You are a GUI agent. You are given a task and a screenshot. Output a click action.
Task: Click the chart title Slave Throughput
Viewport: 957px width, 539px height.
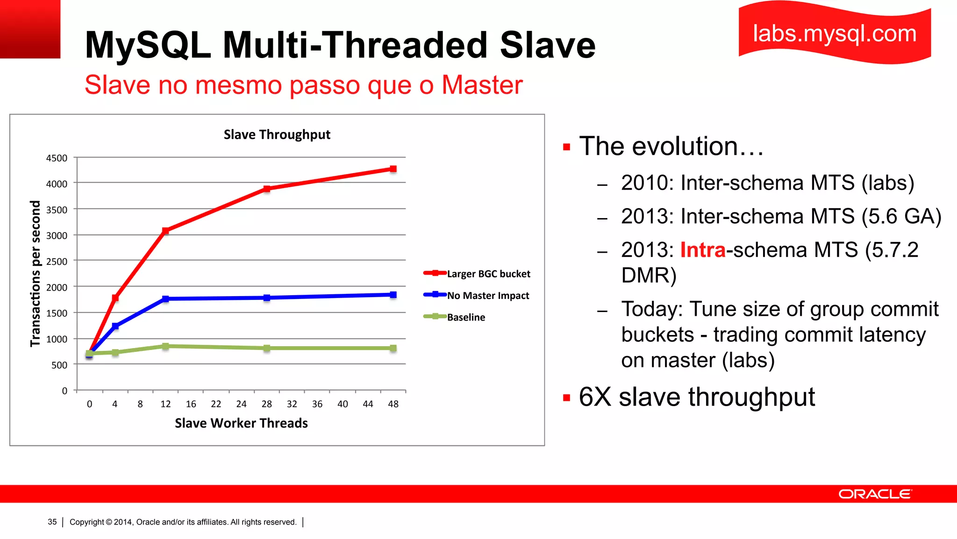point(277,135)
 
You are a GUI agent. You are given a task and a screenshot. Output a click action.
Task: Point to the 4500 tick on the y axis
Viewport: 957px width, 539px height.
point(57,158)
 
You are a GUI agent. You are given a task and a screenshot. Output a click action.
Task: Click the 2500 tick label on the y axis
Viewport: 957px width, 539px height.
point(57,262)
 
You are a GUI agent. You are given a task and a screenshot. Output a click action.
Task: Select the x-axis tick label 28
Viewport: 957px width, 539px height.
point(266,404)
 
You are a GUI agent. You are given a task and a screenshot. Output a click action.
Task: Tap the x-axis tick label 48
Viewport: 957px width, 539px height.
point(393,404)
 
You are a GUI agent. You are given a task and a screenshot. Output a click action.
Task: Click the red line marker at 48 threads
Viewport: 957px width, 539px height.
point(393,169)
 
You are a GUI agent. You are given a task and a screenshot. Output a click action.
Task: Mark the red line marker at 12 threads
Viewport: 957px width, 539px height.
point(165,231)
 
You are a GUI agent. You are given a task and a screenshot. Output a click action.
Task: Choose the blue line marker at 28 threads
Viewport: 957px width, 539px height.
point(266,298)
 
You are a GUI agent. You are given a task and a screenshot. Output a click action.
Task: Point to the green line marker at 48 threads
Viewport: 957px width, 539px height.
point(393,348)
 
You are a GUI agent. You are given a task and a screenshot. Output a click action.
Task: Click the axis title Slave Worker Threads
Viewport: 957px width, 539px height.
point(241,423)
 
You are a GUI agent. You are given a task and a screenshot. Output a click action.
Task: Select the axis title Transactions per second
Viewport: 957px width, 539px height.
point(36,274)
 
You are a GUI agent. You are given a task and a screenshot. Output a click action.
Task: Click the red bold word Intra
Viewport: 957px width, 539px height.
point(702,250)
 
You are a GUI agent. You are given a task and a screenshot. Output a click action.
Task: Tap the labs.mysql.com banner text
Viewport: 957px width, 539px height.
point(835,34)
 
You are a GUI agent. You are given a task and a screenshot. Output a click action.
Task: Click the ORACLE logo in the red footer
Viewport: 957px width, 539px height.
point(874,494)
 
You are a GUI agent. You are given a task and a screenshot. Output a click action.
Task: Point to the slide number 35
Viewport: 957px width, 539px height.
point(52,522)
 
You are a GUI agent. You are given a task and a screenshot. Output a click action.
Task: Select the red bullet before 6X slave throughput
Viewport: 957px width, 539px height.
point(567,398)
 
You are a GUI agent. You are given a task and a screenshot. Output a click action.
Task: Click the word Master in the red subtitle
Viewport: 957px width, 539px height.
point(482,85)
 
